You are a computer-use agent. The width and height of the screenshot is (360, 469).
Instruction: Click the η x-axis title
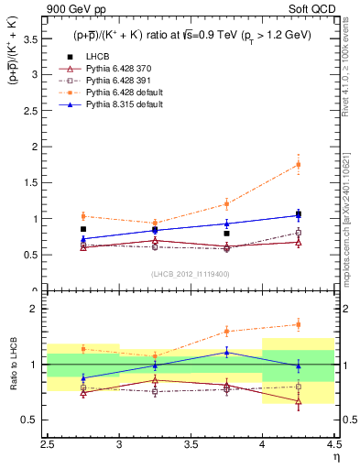click(x=335, y=458)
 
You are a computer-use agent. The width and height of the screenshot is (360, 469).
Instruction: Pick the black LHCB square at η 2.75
click(x=83, y=229)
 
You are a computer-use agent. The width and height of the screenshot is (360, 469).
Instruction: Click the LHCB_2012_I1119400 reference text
click(x=191, y=274)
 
